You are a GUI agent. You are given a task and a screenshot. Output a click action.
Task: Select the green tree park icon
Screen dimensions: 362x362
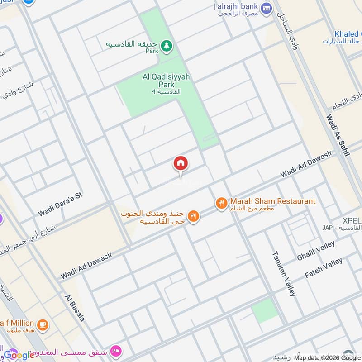(167, 46)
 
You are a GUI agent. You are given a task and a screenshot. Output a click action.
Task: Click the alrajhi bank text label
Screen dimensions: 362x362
(236, 6)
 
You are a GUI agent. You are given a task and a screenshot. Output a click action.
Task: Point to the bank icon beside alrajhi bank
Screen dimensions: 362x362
(266, 8)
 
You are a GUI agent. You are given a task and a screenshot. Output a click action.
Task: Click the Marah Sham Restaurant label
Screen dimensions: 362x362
(272, 201)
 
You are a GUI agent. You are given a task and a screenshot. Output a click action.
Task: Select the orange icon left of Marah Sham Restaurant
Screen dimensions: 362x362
(221, 203)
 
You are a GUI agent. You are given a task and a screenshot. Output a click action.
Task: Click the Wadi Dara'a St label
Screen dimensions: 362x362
(61, 204)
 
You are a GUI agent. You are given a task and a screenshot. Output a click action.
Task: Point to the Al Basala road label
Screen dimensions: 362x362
(75, 308)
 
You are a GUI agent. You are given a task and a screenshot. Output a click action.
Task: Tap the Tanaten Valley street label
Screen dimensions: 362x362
(283, 273)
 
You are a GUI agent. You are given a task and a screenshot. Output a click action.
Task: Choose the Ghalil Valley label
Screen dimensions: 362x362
(316, 251)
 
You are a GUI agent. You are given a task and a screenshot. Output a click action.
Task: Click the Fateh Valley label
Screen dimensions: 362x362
(324, 268)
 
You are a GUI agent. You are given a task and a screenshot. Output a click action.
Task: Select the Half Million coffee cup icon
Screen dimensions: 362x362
(42, 324)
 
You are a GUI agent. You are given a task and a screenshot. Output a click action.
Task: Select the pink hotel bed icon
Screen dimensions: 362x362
(116, 352)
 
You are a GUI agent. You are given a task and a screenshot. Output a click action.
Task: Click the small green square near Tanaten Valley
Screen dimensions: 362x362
(264, 310)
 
